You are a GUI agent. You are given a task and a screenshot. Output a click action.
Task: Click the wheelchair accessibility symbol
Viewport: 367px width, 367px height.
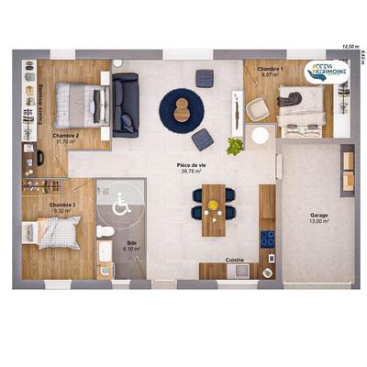point(120,206)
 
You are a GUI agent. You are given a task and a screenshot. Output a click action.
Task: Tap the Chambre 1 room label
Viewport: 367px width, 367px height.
point(270,69)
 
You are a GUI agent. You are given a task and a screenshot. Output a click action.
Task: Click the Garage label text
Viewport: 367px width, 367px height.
point(318,216)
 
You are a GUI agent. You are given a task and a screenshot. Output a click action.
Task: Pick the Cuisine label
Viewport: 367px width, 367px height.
point(234,260)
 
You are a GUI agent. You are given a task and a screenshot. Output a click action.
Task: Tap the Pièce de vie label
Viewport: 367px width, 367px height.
point(191,164)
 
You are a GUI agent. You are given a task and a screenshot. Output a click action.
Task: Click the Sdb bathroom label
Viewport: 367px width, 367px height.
point(131,243)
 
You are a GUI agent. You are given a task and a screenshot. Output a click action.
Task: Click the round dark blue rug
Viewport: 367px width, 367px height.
point(183,109)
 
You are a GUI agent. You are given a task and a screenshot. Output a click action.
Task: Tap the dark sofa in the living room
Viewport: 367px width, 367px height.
point(125,105)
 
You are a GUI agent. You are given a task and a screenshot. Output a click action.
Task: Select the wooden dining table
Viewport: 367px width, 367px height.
point(214,210)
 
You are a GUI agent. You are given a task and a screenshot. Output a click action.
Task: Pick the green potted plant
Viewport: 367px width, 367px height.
point(235,145)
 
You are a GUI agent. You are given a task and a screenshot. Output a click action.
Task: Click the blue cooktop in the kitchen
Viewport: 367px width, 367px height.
point(267,239)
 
